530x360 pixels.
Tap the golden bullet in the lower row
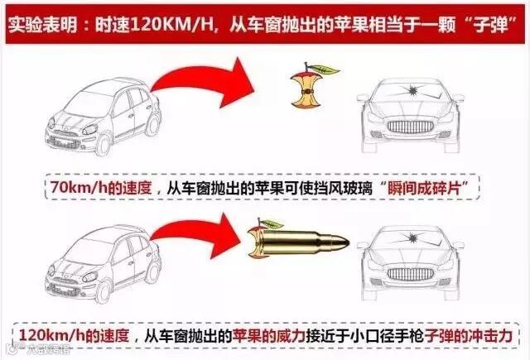(x=302, y=242)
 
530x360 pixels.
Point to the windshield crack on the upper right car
(x=412, y=90)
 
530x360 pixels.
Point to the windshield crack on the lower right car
(x=412, y=238)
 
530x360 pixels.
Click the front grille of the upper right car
(x=411, y=127)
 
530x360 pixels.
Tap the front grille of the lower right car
(x=411, y=274)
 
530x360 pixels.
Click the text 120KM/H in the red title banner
(x=171, y=25)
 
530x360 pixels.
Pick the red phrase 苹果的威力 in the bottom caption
(x=268, y=336)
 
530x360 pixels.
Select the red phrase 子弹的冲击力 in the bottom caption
(x=469, y=336)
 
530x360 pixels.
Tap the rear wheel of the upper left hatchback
(x=152, y=124)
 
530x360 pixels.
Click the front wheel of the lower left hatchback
(x=103, y=291)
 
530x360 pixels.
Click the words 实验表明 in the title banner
(x=42, y=25)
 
